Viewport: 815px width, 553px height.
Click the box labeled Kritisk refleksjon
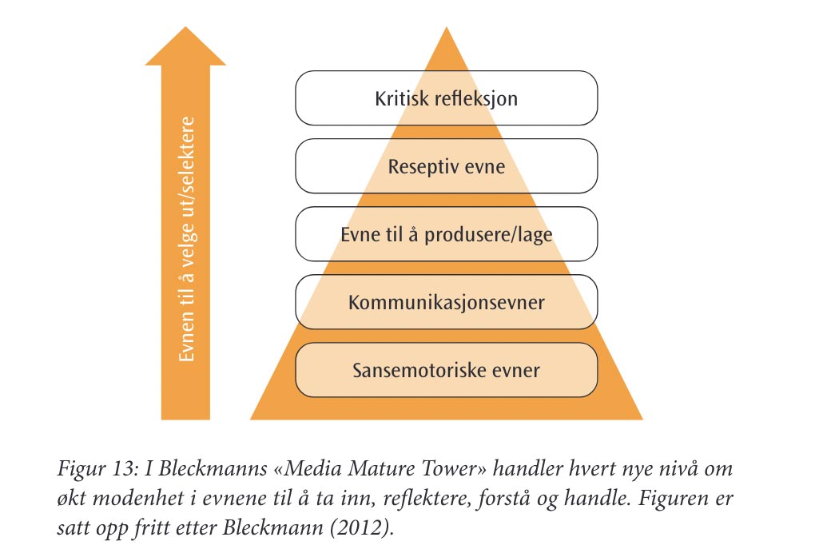447,99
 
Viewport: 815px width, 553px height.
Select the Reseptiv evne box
447,167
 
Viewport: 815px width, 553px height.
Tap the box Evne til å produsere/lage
447,235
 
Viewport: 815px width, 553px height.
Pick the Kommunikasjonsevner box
447,303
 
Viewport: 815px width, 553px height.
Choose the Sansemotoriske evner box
447,371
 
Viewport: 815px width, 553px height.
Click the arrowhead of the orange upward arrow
185,48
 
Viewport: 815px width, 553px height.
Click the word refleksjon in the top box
477,99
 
